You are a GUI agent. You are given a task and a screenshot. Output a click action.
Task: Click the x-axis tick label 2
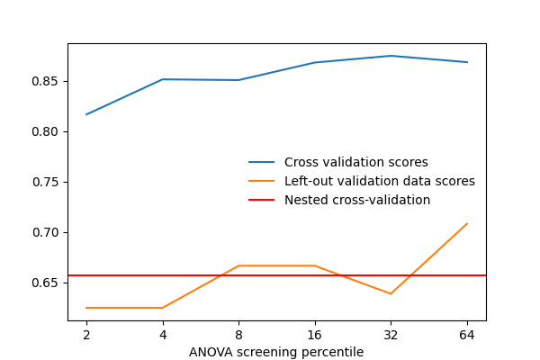point(86,335)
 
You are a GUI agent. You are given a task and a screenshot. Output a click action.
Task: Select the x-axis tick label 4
point(163,335)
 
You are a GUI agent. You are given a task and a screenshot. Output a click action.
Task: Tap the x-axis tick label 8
point(238,335)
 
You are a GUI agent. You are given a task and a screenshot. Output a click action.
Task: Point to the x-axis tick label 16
point(315,335)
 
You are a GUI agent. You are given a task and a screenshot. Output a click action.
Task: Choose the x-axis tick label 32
point(391,335)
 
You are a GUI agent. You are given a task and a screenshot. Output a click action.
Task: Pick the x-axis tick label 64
point(467,335)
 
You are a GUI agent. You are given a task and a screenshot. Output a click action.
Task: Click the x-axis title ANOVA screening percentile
point(276,352)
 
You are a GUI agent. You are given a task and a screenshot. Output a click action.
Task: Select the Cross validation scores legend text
point(355,163)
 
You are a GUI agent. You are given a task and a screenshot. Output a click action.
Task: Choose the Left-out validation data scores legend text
point(379,182)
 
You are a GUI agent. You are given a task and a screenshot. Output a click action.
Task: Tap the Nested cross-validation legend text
point(357,200)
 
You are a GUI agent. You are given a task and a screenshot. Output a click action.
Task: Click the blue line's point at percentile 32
point(391,56)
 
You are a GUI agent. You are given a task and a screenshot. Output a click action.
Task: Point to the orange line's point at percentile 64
point(467,223)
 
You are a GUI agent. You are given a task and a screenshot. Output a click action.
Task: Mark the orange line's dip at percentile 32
point(391,293)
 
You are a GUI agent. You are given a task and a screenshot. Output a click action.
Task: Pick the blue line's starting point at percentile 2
point(86,114)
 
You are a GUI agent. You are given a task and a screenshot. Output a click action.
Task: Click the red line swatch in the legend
point(262,200)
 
